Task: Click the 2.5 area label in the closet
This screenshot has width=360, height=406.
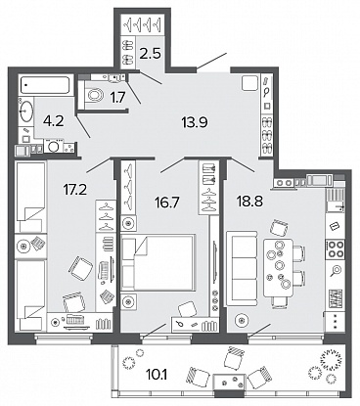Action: pos(151,53)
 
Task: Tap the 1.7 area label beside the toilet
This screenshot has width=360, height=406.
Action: pos(118,97)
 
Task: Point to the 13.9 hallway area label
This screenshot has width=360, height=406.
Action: pos(195,122)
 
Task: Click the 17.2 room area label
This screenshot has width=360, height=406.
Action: pos(75,189)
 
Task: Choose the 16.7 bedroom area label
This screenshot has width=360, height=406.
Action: pos(166,203)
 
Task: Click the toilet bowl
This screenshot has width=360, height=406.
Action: pos(95,96)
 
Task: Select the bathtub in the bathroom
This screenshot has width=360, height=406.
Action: pos(45,85)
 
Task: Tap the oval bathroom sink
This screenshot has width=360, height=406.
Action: pos(26,111)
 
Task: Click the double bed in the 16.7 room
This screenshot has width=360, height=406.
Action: pos(157,262)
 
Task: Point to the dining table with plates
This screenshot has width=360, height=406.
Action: pos(278,267)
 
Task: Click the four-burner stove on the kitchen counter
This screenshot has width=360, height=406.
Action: pos(335,248)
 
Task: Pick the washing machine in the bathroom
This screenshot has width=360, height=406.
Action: pos(52,146)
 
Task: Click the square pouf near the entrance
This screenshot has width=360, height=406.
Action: pos(250,83)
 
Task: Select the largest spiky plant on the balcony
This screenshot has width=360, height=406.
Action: pos(332,359)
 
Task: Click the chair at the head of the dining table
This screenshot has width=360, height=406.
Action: pos(280,227)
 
